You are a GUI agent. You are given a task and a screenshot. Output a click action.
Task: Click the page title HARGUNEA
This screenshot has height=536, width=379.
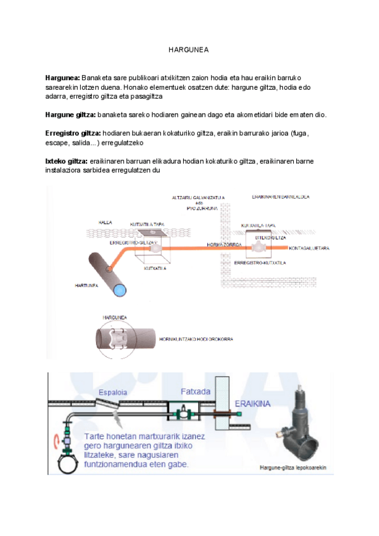189,49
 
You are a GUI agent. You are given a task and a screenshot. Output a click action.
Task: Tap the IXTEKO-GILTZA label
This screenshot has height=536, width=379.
268,237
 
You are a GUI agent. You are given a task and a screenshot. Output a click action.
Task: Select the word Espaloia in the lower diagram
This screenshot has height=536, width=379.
113,393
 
